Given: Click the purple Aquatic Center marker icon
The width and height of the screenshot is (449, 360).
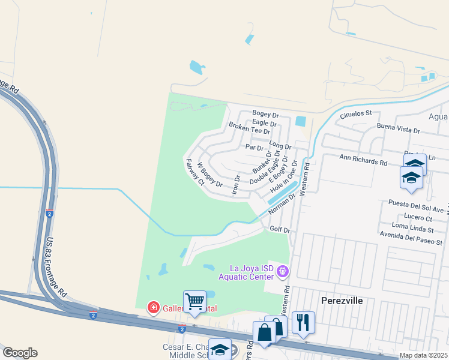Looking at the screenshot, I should pyautogui.click(x=283, y=272).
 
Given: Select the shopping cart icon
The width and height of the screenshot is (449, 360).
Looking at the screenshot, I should pyautogui.click(x=194, y=301).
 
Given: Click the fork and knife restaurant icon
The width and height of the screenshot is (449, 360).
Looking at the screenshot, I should pyautogui.click(x=303, y=322).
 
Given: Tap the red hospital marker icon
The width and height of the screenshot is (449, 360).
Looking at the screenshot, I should pyautogui.click(x=154, y=308).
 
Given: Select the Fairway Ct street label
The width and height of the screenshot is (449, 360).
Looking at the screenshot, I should pyautogui.click(x=195, y=173).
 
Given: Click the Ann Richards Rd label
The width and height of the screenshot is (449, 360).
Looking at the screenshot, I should pyautogui.click(x=364, y=161).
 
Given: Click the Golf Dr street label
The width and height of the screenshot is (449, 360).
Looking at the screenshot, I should pyautogui.click(x=280, y=229).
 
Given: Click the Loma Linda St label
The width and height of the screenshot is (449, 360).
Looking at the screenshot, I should pyautogui.click(x=412, y=230).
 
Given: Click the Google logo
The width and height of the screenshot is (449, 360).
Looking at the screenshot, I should pyautogui.click(x=20, y=353).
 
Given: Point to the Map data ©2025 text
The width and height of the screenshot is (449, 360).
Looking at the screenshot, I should pyautogui.click(x=423, y=355).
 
